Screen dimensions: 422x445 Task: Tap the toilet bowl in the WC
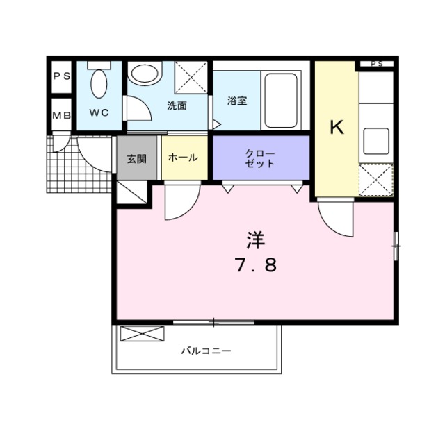point(99,86)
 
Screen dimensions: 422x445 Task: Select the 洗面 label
point(177,106)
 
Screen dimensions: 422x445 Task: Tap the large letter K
point(337,127)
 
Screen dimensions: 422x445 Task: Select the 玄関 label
point(136,158)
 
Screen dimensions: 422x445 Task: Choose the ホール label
point(184,158)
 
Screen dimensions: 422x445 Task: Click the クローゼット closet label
point(260,158)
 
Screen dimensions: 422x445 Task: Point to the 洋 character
point(255,240)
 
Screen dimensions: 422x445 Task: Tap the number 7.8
point(255,265)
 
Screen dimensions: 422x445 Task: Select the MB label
point(61,116)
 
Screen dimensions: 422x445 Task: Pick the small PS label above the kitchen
point(376,64)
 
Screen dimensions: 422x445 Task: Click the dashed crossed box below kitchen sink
point(376,180)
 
